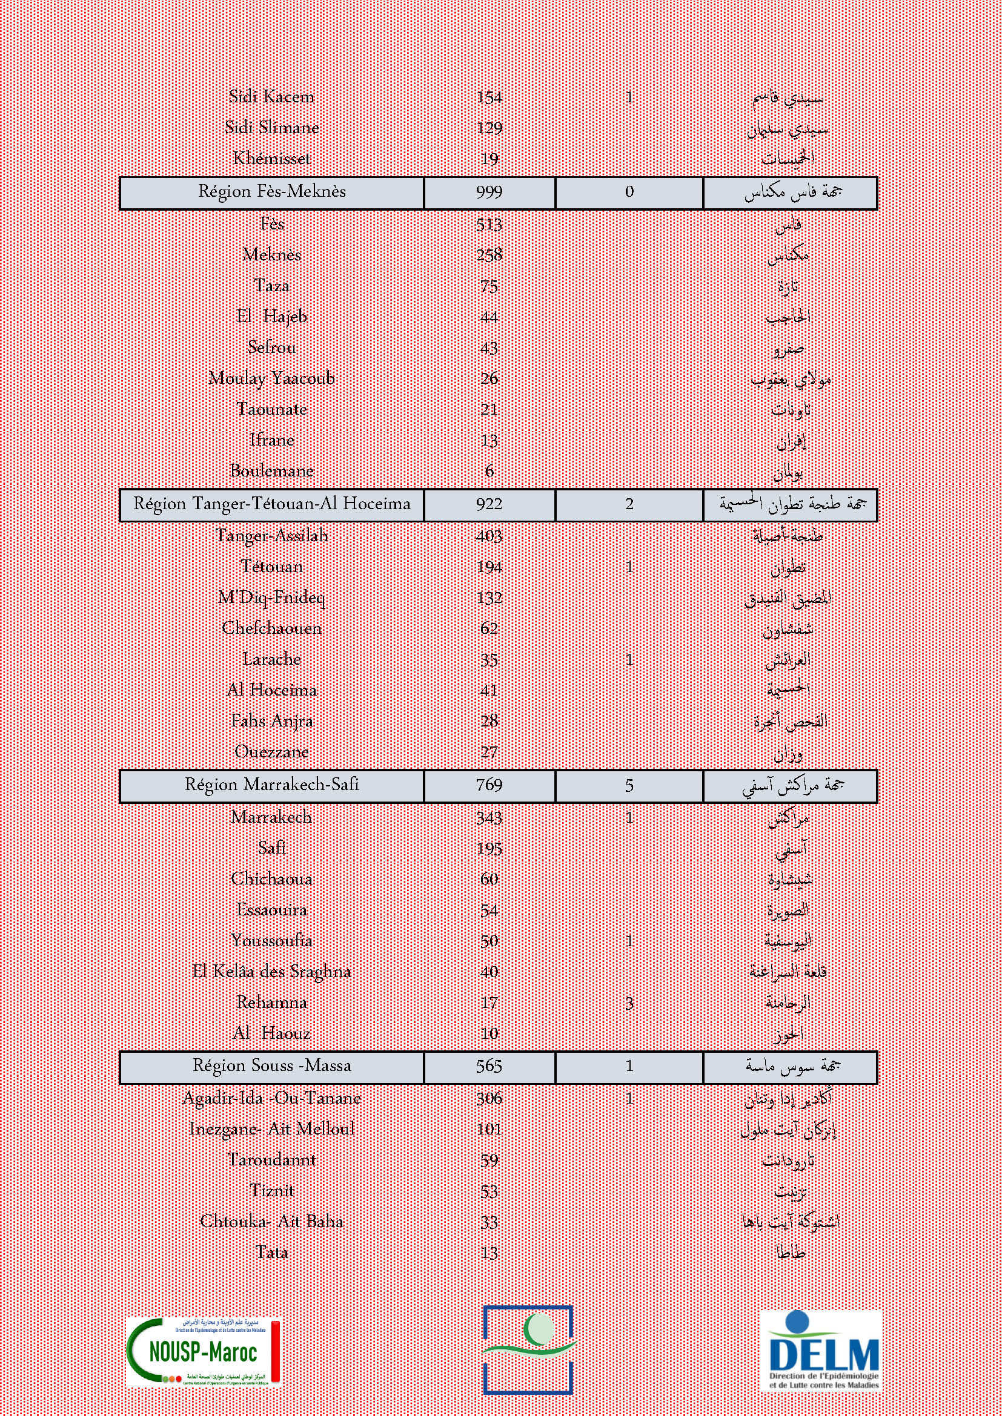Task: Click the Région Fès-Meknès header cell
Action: [271, 192]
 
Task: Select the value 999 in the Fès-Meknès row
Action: [489, 193]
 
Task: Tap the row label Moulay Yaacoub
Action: [271, 378]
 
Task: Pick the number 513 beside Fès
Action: [489, 225]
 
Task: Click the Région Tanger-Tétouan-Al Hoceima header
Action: [271, 504]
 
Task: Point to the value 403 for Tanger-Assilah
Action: [489, 536]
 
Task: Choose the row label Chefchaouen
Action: [271, 628]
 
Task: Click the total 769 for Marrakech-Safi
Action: [489, 785]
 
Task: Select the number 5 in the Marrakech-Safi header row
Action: [629, 786]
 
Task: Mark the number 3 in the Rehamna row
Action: [629, 1003]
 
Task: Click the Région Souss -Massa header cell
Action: [271, 1065]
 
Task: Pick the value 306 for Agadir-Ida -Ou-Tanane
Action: [489, 1098]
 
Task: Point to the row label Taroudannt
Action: [271, 1159]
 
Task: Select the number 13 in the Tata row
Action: [489, 1253]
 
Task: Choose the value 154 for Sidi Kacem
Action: [489, 97]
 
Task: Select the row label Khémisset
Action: [271, 159]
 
